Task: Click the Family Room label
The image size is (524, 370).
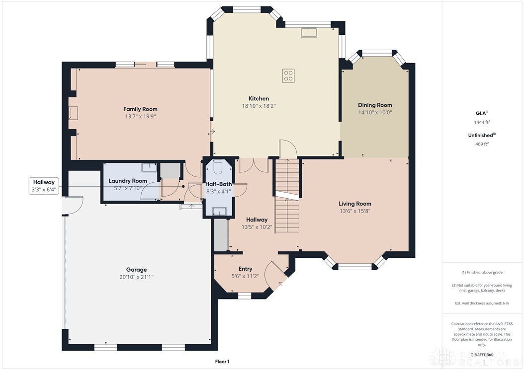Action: pyautogui.click(x=140, y=109)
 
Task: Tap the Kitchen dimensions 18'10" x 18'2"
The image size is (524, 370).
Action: pyautogui.click(x=259, y=106)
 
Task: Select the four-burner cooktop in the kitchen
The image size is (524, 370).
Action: pyautogui.click(x=288, y=75)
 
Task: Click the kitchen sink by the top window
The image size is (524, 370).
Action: pyautogui.click(x=309, y=32)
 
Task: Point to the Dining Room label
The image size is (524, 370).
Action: pyautogui.click(x=375, y=105)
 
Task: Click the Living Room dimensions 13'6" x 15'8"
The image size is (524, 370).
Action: pyautogui.click(x=355, y=211)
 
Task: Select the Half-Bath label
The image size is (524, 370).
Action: pyautogui.click(x=219, y=184)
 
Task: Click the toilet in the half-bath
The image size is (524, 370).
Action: pyautogui.click(x=219, y=166)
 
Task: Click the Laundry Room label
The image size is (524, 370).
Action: pyautogui.click(x=128, y=181)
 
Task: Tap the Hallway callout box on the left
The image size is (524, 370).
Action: pyautogui.click(x=44, y=186)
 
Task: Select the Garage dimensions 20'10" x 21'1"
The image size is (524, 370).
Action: pyautogui.click(x=133, y=277)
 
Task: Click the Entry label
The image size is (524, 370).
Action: pyautogui.click(x=245, y=269)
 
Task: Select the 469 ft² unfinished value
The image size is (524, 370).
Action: pyautogui.click(x=481, y=144)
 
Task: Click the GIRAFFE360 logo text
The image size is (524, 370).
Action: pyautogui.click(x=483, y=355)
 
